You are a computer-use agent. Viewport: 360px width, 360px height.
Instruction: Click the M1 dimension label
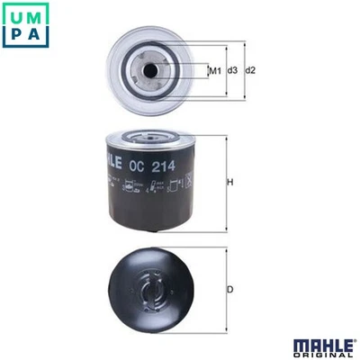[215, 70]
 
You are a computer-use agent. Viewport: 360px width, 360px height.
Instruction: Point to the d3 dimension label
[232, 70]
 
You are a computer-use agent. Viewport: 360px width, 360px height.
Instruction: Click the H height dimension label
[229, 184]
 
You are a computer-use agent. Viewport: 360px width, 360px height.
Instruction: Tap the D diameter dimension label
[229, 289]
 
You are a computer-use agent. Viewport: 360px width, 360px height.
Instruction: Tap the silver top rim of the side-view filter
[151, 138]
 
